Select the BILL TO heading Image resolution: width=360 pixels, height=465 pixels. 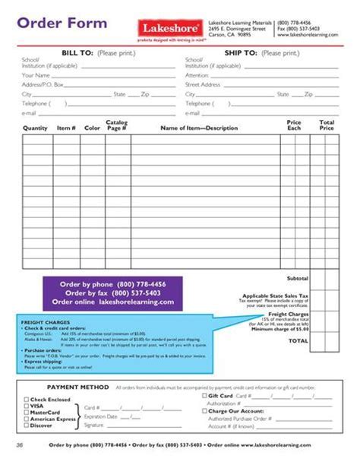[x=66, y=53]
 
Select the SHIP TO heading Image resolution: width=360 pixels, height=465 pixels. [x=242, y=53]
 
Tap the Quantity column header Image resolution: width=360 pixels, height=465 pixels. [x=36, y=128]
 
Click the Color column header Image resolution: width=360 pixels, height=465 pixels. [x=92, y=128]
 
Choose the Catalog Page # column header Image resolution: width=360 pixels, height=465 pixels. [x=116, y=125]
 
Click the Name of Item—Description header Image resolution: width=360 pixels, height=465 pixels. [x=199, y=128]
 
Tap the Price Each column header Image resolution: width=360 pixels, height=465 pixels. [x=294, y=125]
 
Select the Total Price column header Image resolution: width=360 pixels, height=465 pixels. [x=327, y=125]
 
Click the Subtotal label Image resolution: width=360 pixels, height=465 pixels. [x=297, y=278]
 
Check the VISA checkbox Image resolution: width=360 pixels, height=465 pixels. [x=27, y=405]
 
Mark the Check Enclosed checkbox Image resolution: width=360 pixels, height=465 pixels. [x=27, y=398]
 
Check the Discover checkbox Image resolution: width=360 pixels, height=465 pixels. [x=27, y=425]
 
